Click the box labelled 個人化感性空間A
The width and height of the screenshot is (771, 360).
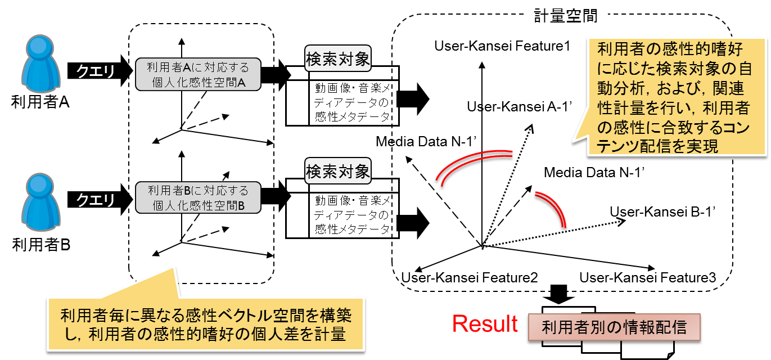(197, 75)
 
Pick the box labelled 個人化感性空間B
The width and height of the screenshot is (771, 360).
(197, 197)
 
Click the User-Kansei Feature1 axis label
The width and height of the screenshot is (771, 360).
(502, 46)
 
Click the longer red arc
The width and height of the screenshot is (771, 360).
(474, 165)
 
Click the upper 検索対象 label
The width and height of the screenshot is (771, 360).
(337, 59)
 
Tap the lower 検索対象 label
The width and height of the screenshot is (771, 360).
(337, 171)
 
